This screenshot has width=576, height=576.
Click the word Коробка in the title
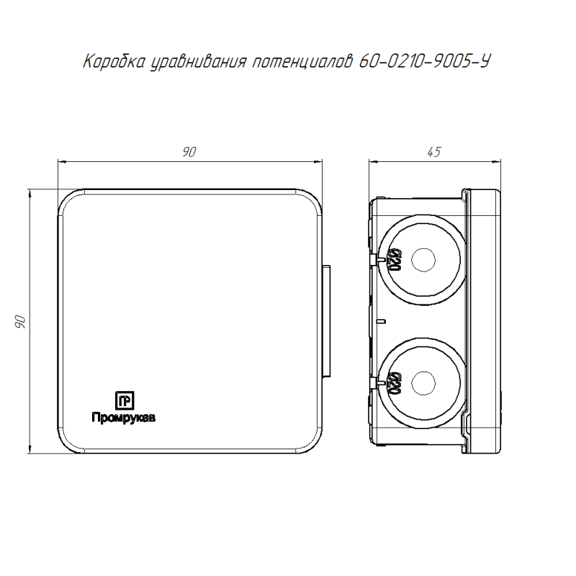pos(114,61)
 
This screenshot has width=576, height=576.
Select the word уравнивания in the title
pos(199,62)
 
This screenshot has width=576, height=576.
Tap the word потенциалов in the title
pos(302,61)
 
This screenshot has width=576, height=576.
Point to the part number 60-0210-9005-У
pos(425,61)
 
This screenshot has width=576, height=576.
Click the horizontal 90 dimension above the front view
pos(189,152)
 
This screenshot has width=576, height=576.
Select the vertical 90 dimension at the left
pos(21,321)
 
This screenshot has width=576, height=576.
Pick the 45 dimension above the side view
pos(434,152)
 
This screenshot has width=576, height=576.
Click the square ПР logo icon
pos(125,400)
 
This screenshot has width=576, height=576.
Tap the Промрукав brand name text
pos(123,418)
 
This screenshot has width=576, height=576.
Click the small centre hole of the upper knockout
pos(423,260)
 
